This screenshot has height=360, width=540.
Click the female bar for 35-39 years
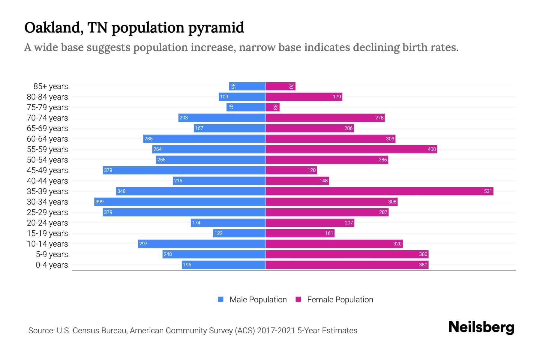(x=379, y=191)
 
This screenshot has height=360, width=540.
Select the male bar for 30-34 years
(x=180, y=202)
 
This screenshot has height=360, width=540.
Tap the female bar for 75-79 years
(x=272, y=107)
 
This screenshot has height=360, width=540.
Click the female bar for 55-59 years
(x=351, y=149)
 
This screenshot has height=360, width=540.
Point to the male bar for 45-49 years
(x=184, y=170)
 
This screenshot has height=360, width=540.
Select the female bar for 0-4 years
(x=347, y=265)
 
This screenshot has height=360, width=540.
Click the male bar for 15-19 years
(x=239, y=233)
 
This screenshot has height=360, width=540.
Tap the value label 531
(x=488, y=191)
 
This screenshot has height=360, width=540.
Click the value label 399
(x=99, y=202)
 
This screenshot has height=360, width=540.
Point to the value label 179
(x=337, y=97)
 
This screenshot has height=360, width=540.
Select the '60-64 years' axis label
(x=47, y=139)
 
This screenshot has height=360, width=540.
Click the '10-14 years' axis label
(x=47, y=244)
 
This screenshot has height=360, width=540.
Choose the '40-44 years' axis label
(x=47, y=181)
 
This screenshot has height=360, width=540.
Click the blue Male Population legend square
(x=221, y=299)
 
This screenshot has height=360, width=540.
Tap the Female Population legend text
(x=340, y=299)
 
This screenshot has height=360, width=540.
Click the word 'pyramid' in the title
(x=216, y=28)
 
